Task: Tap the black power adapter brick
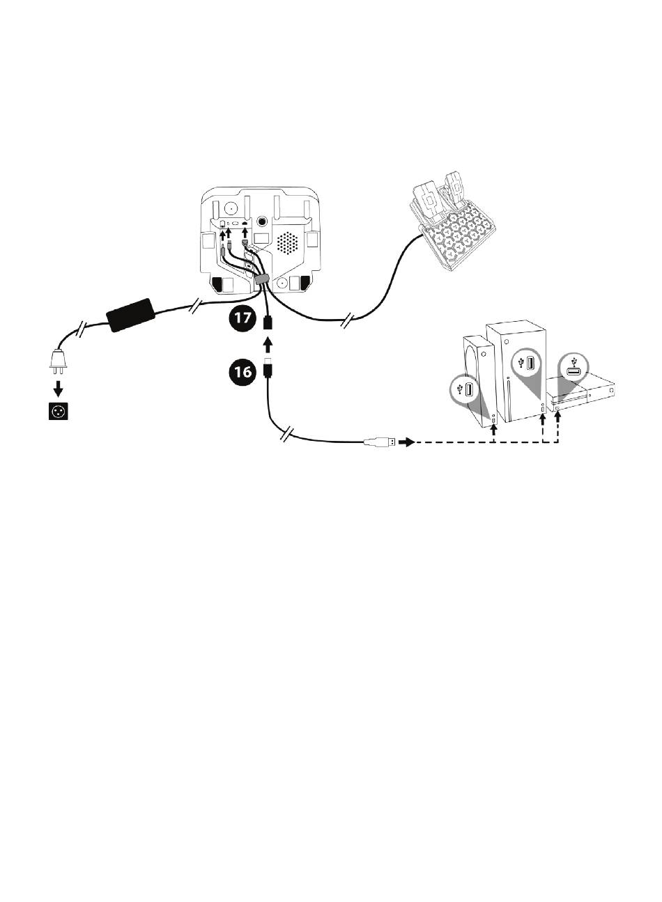point(130,316)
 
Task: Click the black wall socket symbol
point(58,411)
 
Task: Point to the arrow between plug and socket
point(58,388)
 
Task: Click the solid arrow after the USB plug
point(406,442)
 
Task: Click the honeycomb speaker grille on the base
point(287,243)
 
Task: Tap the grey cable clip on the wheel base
point(262,279)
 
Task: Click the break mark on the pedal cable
point(346,322)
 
